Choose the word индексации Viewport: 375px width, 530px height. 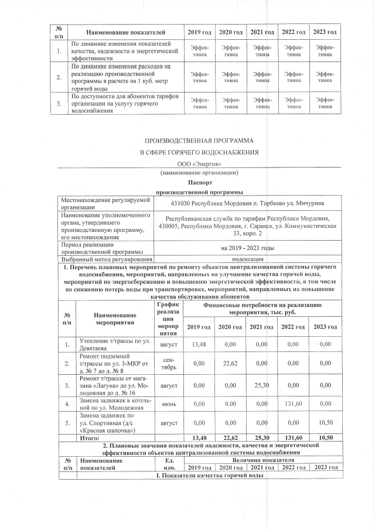(247, 258)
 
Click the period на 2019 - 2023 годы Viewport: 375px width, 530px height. (247, 248)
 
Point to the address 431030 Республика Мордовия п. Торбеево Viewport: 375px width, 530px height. (247, 203)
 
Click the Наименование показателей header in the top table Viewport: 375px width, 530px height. (125, 31)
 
